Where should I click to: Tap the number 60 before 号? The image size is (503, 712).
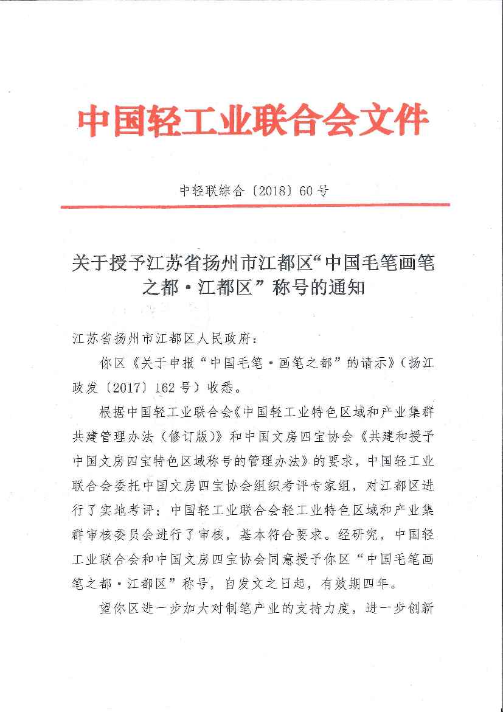(306, 190)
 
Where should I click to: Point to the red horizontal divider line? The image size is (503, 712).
(255, 206)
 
